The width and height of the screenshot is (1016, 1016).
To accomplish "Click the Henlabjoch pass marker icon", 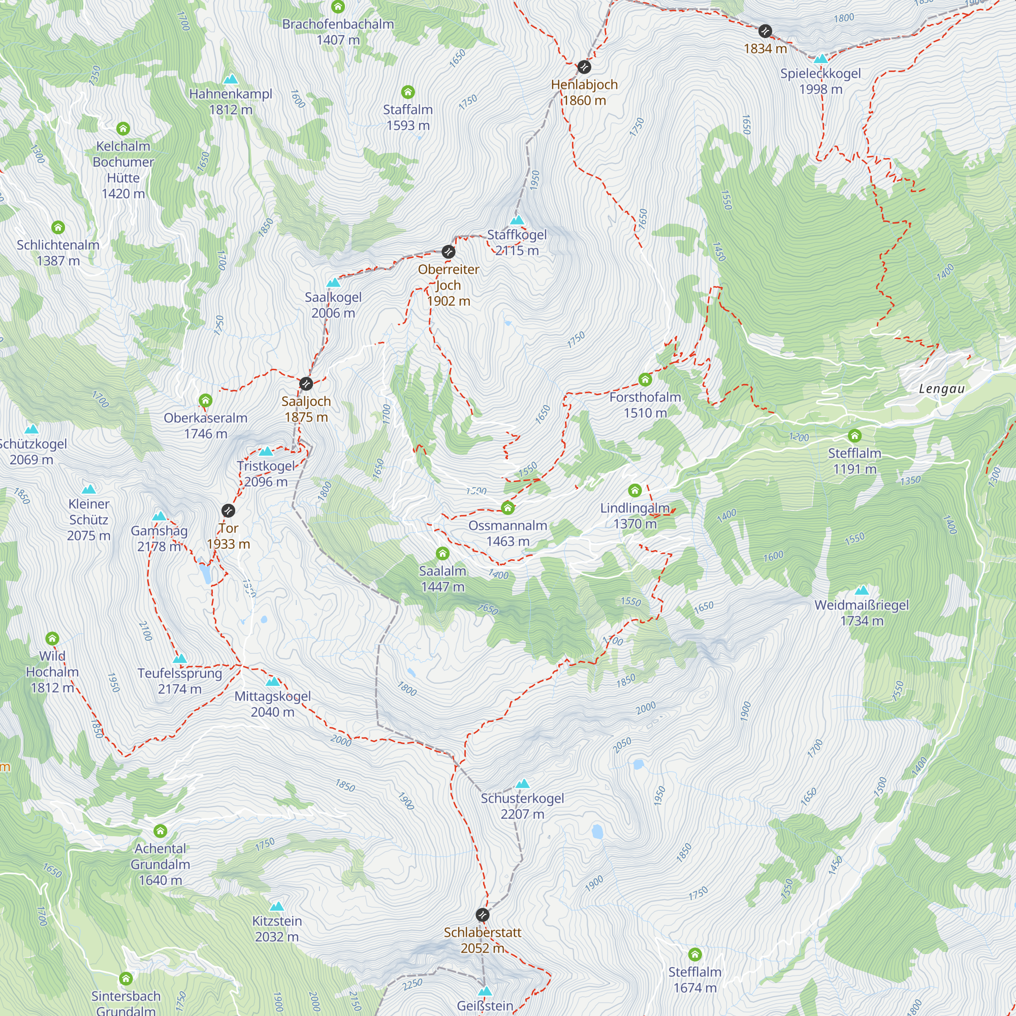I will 584,67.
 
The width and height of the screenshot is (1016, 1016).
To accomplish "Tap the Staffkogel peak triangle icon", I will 518,220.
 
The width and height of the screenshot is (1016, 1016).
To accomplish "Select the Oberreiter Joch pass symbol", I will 448,252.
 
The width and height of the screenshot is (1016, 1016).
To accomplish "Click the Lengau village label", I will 941,389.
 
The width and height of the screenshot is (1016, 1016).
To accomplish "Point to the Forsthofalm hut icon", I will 645,379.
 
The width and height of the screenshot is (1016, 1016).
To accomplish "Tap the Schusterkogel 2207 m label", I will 522,806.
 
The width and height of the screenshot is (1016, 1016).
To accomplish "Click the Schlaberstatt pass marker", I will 482,915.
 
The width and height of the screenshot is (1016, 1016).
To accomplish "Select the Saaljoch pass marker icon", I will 306,384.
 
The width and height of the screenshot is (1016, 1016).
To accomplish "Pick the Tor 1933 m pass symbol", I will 228,511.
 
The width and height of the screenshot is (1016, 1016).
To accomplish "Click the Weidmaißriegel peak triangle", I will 862,591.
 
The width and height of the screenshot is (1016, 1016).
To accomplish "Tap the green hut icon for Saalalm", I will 443,554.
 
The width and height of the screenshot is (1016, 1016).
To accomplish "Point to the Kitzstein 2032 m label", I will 277,929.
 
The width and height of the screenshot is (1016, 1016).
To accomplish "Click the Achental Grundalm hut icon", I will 161,831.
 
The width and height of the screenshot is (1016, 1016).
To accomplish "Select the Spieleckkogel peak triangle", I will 821,58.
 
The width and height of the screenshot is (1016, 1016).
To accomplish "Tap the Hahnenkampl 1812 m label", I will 230,102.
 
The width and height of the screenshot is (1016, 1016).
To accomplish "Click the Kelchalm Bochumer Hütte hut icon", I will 123,129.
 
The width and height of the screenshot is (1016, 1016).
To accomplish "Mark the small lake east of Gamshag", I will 205,573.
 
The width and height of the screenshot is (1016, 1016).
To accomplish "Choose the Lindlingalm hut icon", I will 634,491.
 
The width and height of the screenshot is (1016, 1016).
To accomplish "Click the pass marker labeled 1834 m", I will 765,31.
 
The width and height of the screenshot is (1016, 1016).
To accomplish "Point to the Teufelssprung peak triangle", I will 180,659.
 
